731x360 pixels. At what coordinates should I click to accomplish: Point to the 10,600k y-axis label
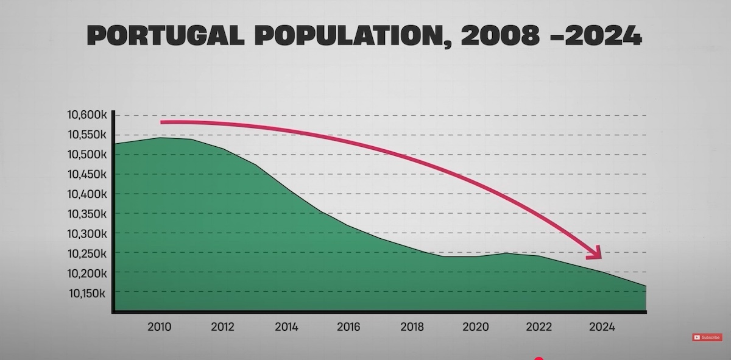coord(87,115)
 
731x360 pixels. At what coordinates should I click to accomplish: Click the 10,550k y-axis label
coord(87,135)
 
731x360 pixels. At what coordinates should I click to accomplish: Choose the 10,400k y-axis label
coord(87,194)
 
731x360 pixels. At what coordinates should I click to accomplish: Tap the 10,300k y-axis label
coord(87,233)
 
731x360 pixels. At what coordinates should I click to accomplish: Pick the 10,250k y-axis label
coord(87,253)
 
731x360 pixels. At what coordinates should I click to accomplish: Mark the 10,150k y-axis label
coord(87,293)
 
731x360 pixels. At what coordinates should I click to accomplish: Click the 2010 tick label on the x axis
coord(160,327)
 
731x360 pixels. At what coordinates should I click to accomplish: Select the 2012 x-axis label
coord(223,327)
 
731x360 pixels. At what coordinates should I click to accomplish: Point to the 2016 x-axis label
coord(349,327)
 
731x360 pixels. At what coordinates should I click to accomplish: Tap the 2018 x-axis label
coord(412,327)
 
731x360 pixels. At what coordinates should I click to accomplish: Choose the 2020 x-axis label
coord(476,327)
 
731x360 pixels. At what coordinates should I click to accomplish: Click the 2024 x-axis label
coord(602,327)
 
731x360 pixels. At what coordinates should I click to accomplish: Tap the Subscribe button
coord(707,337)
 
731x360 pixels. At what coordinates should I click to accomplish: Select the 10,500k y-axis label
coord(87,155)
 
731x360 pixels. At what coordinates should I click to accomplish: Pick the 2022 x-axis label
coord(539,327)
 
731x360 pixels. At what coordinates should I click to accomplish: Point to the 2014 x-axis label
coord(286,327)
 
